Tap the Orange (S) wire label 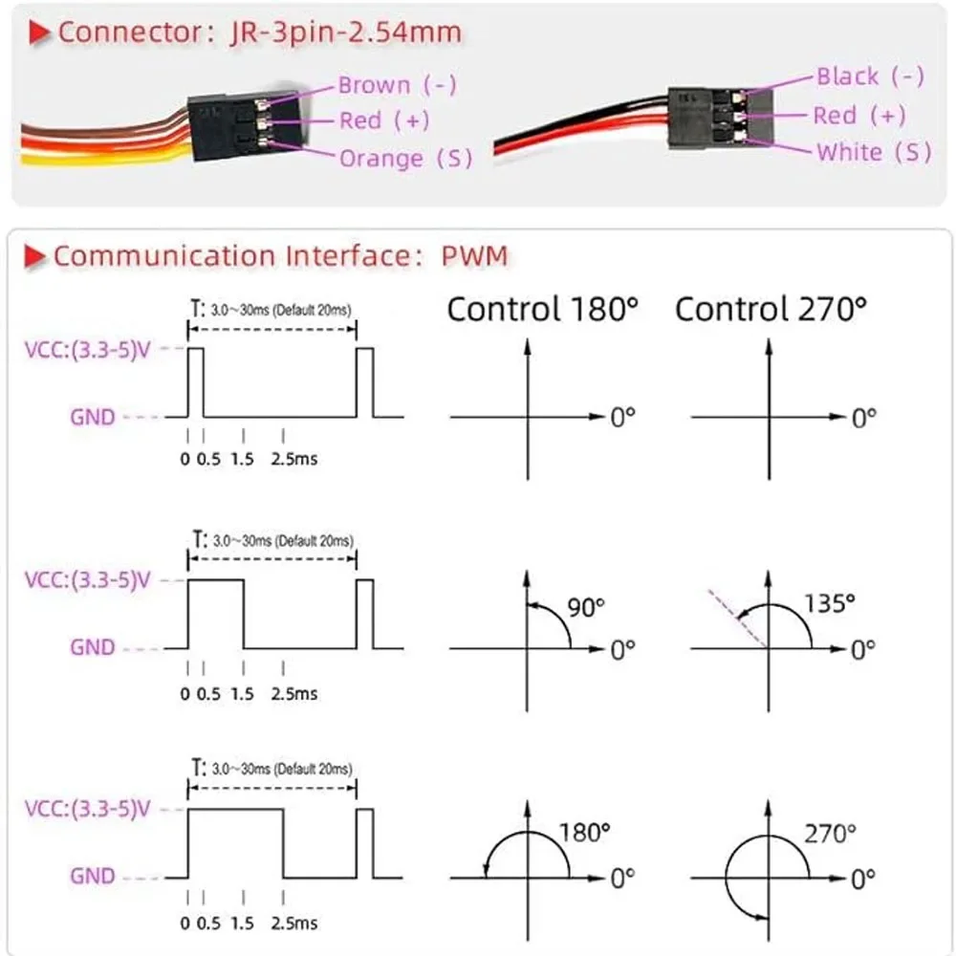point(405,158)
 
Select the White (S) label point(873,152)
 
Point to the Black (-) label point(870,76)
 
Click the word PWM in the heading point(475,255)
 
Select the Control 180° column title point(543,309)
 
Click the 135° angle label point(829,603)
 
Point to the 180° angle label point(585,833)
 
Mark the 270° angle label point(828,834)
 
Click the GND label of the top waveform point(92,417)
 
